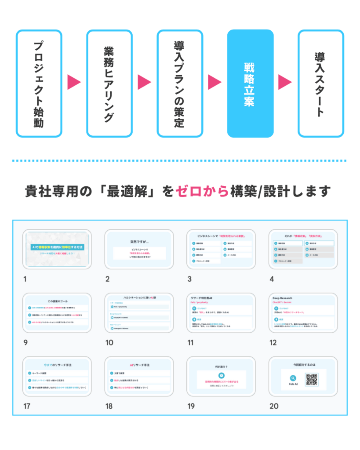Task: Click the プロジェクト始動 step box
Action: tap(39, 83)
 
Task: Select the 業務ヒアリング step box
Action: tap(109, 83)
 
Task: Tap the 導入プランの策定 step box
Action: tap(180, 83)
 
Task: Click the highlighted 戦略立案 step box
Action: tap(250, 83)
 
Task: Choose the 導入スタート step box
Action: tap(320, 83)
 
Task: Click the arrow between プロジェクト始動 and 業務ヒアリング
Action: tap(74, 82)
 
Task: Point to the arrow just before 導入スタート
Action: tap(285, 82)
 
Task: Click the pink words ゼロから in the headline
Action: tap(202, 192)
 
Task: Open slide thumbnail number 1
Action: tap(57, 249)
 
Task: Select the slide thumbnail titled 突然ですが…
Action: tap(139, 249)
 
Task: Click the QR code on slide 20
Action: tap(311, 379)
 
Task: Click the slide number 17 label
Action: tap(27, 406)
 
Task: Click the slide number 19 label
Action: tap(191, 406)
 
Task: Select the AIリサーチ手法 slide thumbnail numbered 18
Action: tap(139, 377)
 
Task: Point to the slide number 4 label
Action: tap(272, 279)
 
